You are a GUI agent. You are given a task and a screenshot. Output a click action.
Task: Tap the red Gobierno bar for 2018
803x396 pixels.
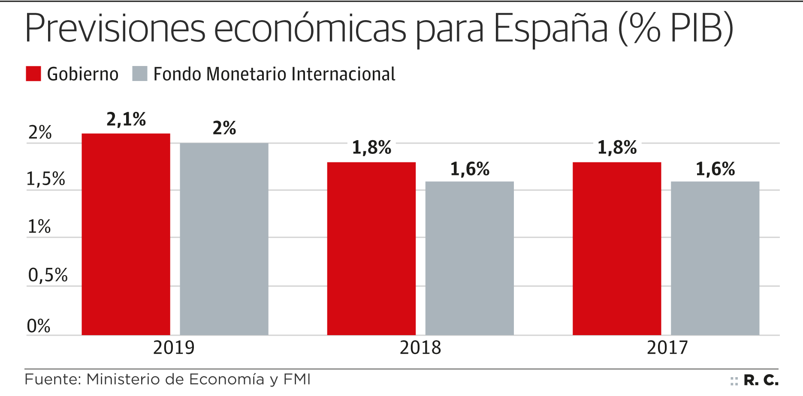371,249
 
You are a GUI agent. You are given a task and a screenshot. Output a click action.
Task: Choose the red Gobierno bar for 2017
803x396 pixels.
617,249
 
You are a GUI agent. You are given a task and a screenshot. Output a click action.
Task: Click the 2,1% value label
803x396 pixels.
126,120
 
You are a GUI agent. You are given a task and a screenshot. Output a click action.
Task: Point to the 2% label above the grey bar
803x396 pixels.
224,128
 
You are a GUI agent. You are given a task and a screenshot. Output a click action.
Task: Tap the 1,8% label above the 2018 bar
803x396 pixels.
371,148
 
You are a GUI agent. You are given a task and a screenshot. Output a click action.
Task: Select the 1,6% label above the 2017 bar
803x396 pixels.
715,169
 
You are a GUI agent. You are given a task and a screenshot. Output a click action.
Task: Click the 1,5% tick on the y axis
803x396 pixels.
46,179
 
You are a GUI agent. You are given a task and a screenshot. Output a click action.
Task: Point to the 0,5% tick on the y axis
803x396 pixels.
48,275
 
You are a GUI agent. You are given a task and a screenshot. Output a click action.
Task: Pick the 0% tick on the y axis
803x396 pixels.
39,326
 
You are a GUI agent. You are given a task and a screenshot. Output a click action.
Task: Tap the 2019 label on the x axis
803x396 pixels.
174,348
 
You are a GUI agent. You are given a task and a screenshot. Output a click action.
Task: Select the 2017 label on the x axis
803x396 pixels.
667,348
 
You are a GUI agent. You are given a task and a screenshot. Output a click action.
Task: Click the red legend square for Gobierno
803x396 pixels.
33,74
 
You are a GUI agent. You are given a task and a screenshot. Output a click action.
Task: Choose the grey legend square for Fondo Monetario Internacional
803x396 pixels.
140,74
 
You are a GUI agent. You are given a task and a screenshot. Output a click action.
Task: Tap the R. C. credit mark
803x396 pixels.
761,380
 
